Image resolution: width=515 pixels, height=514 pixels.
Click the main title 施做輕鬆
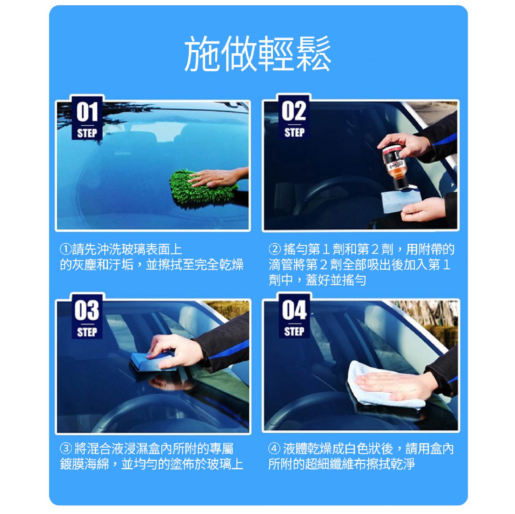(x=257, y=54)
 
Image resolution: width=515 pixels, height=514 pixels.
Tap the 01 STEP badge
(x=87, y=119)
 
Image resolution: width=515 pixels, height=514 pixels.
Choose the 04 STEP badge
(x=294, y=316)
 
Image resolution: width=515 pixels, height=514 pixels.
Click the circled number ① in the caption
(x=66, y=249)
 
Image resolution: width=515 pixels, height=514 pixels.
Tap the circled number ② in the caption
(x=274, y=249)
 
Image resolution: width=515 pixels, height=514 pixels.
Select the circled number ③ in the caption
(x=66, y=448)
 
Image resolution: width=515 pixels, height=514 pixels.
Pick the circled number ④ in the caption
(x=274, y=448)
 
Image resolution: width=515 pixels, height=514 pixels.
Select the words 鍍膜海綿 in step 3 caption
(x=84, y=464)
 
